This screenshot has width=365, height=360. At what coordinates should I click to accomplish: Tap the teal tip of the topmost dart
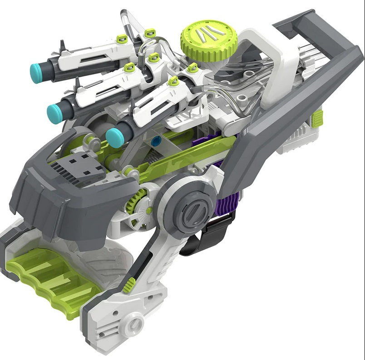(36, 71)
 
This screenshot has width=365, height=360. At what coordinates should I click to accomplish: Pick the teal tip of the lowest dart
(114, 137)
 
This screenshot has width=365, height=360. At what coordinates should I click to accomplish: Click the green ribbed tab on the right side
(317, 118)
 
